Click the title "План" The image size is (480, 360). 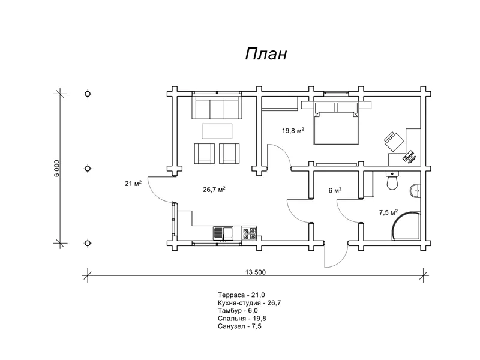point(266,54)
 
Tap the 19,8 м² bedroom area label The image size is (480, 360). point(293,131)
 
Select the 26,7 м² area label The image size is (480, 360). point(214,190)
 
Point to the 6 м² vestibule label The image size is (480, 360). point(335,190)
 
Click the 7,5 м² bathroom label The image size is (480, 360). point(388,212)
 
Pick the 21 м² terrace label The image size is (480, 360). point(133,184)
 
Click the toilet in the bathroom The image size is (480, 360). point(392,181)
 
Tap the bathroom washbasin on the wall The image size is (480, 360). point(415,191)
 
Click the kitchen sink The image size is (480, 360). point(223,233)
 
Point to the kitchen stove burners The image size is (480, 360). point(250,233)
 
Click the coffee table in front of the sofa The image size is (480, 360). point(217,131)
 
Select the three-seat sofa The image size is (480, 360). point(217,107)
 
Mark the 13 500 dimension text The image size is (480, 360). point(256,272)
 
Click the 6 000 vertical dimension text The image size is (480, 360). point(58,169)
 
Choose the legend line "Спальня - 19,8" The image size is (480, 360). point(242,319)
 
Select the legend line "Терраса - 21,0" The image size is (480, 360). point(242,295)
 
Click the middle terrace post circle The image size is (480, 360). point(88,169)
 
